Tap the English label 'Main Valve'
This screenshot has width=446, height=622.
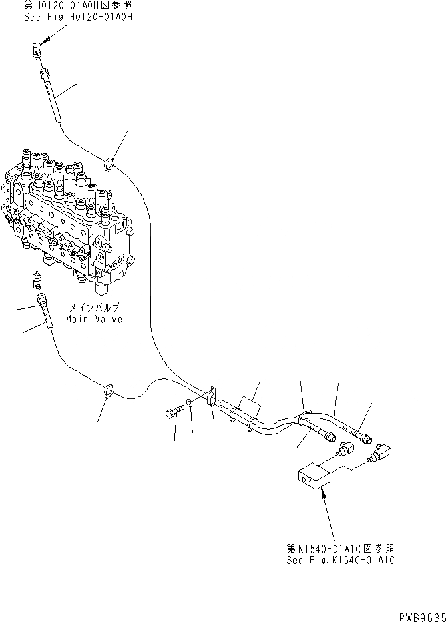tap(94, 319)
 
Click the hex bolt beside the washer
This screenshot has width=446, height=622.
tap(171, 414)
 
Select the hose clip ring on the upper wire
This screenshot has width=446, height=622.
tap(110, 162)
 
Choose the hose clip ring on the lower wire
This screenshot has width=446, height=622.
tap(108, 390)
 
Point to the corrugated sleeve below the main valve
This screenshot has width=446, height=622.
tap(47, 313)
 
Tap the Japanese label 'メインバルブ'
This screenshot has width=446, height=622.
tap(94, 308)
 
